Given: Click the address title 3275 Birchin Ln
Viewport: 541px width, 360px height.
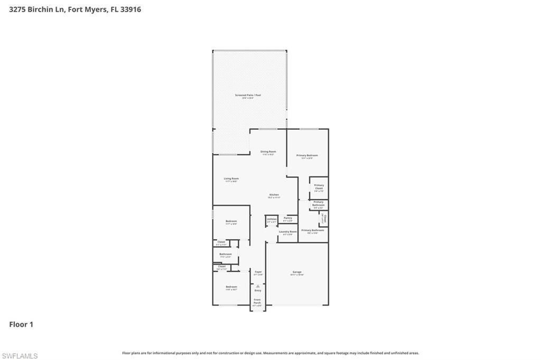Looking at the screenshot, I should [75, 10].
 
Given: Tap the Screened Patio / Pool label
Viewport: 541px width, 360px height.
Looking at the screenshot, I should [248, 96].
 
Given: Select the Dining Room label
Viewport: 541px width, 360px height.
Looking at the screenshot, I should [268, 153].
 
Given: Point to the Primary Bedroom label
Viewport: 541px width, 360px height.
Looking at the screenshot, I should [307, 156].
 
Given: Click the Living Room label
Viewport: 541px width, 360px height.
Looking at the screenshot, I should [231, 179].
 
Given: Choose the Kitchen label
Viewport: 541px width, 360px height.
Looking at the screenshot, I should [273, 195].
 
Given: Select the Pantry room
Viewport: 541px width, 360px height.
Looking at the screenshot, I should [288, 219].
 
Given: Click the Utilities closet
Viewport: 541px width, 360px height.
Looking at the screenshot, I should [272, 220].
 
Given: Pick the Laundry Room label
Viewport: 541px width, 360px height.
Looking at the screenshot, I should [288, 232].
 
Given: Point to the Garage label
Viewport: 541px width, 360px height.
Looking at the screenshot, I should [297, 273].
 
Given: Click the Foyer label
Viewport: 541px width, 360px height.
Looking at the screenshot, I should [258, 273].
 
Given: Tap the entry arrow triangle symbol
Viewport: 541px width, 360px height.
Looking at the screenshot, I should [258, 286].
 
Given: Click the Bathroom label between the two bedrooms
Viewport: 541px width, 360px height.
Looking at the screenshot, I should [226, 255].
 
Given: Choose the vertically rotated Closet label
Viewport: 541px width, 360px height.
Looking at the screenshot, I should [325, 219].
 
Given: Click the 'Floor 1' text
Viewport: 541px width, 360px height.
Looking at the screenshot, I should [21, 325].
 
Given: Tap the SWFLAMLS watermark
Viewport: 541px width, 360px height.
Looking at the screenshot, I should [20, 356].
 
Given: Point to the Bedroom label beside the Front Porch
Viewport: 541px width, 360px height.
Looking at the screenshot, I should [231, 288].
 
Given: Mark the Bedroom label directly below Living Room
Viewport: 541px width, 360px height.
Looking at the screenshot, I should [231, 222].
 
